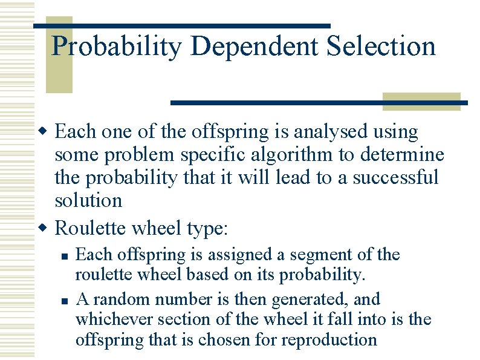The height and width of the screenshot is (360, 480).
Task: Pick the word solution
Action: pyautogui.click(x=88, y=200)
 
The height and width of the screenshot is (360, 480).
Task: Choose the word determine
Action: pyautogui.click(x=402, y=154)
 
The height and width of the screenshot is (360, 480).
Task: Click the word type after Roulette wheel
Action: pyautogui.click(x=204, y=229)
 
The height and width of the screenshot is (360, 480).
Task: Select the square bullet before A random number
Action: pyautogui.click(x=63, y=299)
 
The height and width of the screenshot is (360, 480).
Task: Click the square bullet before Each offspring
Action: pyautogui.click(x=63, y=255)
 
